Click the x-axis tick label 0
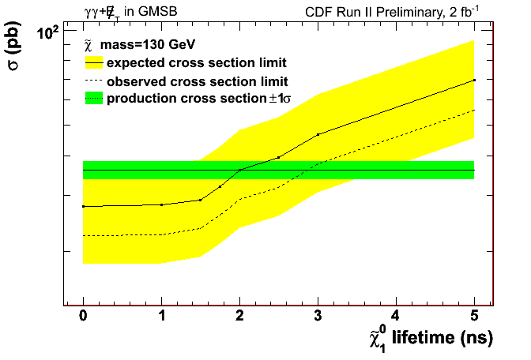83,316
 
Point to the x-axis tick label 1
161,316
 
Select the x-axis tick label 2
239,316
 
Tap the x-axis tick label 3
318,316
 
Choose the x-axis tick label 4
396,316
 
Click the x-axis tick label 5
474,316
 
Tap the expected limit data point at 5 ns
474,80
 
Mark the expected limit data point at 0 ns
83,206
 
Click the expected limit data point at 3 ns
318,134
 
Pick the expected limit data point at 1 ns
161,204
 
